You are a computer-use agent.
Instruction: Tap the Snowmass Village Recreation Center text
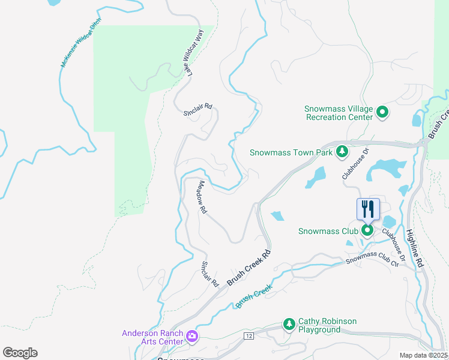coord(339,113)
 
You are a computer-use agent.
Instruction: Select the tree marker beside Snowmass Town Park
coord(342,152)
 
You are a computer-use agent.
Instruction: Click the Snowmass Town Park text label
coord(291,153)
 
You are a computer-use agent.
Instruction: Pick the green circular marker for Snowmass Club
coord(367,230)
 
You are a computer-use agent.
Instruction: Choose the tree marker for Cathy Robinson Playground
coord(289,325)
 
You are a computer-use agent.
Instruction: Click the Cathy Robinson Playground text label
coord(328,326)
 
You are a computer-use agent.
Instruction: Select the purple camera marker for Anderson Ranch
coord(192,336)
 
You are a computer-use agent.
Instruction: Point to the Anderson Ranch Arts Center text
coord(152,337)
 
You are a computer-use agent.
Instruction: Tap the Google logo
coord(20,353)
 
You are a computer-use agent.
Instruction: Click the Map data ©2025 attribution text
coord(424,355)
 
